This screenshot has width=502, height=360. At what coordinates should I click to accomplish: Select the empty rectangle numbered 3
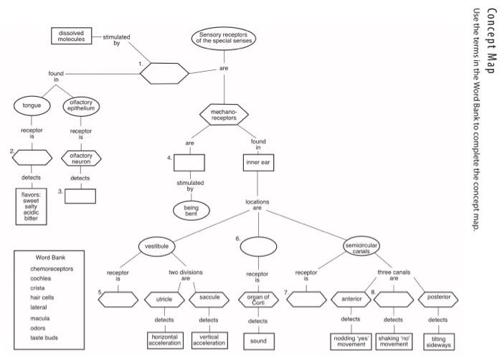[80, 196]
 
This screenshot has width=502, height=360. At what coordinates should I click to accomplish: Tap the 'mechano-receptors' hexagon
[224, 115]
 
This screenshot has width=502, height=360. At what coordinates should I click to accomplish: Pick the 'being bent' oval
[190, 210]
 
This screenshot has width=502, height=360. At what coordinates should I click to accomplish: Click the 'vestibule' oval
[156, 247]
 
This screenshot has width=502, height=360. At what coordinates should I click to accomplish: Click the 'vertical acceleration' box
[208, 340]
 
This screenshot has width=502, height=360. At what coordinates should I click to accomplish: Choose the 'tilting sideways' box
[437, 341]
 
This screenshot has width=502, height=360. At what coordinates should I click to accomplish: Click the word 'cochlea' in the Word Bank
[40, 278]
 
